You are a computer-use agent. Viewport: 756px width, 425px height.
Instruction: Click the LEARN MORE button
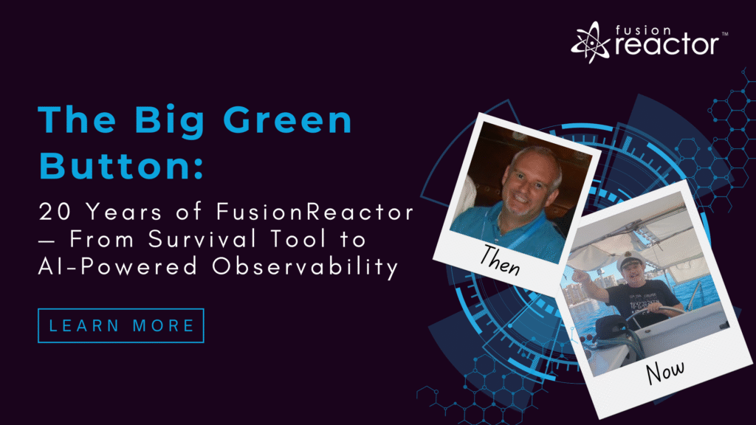120,325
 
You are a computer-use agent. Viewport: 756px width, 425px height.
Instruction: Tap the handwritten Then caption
500,260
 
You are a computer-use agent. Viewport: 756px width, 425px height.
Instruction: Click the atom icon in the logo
590,43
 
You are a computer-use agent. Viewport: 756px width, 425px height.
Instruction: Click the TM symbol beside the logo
724,34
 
